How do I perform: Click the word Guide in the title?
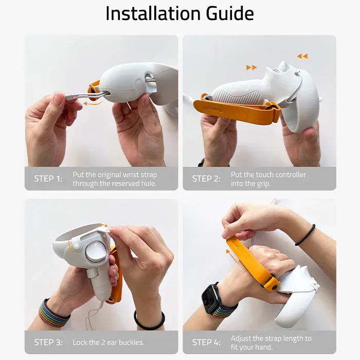coord(230,13)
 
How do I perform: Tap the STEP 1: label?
coord(48,179)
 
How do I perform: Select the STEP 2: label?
coord(206,179)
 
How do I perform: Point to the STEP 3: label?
coord(48,342)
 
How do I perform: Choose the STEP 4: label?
coord(206,342)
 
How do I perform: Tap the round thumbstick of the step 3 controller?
coord(96,252)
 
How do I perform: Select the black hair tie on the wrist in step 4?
coord(305,235)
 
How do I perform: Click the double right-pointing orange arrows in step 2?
coord(251,67)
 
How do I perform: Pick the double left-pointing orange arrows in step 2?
coord(302,56)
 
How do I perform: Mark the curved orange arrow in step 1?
coord(93,103)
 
